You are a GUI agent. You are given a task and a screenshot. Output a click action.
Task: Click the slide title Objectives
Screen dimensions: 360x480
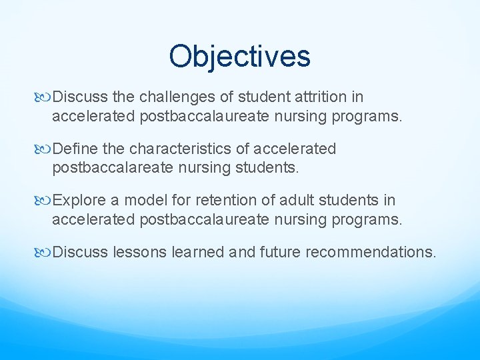point(239,57)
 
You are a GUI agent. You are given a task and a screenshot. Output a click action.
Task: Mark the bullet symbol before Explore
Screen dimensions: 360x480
point(45,201)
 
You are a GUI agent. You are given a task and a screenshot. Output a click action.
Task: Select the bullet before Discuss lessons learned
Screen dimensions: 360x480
point(45,253)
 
